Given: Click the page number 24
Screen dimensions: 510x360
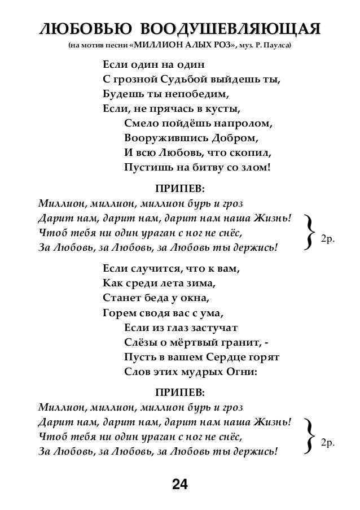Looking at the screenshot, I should click(x=179, y=484).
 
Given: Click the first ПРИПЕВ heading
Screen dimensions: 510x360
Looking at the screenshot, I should click(x=180, y=188).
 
